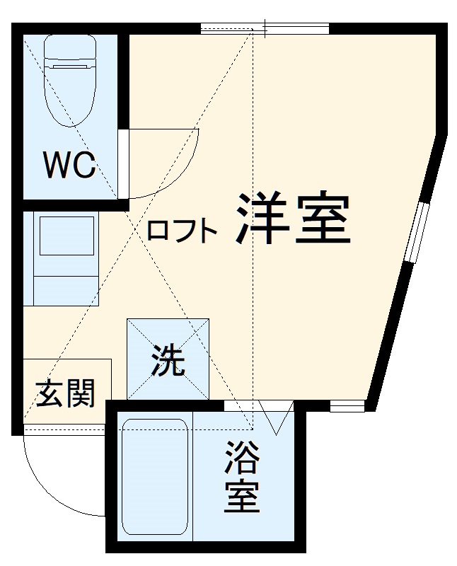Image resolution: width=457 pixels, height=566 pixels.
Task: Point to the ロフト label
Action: click(182, 231)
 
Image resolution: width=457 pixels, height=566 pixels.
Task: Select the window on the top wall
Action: click(265, 29)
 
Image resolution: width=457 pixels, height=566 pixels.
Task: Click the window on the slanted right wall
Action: click(417, 233)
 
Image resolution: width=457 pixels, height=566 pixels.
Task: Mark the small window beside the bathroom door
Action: click(347, 406)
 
